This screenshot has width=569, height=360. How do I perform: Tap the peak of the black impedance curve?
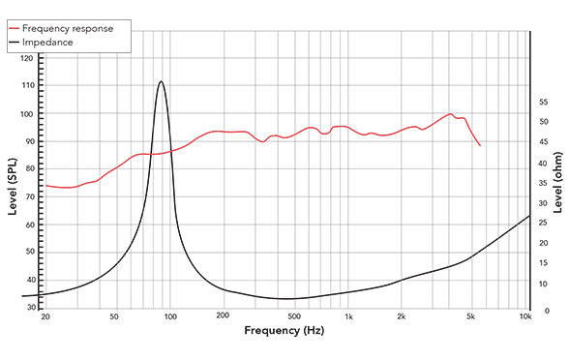pos(161,81)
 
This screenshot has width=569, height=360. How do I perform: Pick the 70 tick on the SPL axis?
pos(28,196)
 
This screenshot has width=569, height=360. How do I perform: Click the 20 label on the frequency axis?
pos(45,315)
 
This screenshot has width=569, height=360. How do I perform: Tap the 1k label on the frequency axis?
pos(348,315)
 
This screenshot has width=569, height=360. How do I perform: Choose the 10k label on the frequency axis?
pos(525,315)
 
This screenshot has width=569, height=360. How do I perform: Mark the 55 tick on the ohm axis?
pos(544,100)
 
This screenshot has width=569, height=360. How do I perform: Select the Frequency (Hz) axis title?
pos(284,331)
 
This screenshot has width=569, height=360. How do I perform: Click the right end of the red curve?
pos(480,145)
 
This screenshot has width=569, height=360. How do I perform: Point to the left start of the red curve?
pos(45,185)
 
